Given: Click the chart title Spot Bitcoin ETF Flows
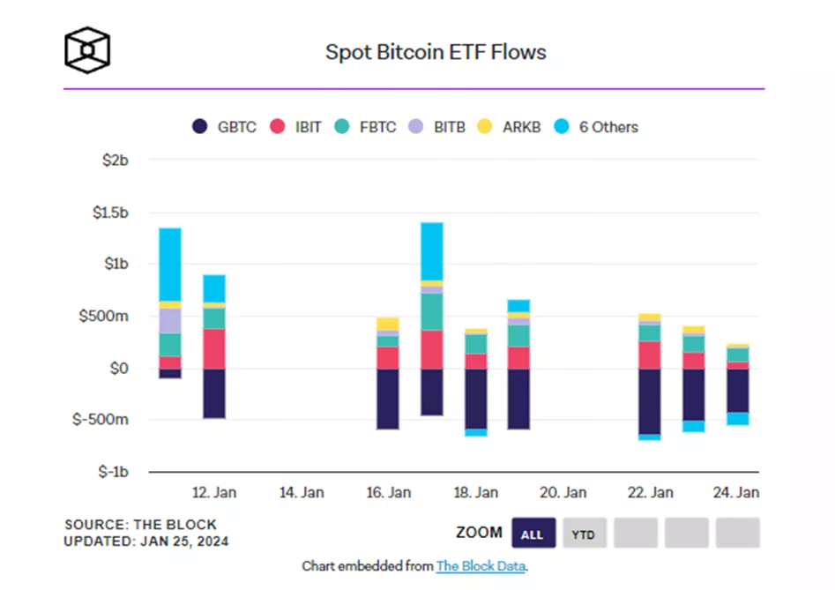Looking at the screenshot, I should (436, 52).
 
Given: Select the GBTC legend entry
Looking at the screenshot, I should (225, 127).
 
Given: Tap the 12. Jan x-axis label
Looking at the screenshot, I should (213, 492).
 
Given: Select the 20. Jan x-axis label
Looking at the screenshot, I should (563, 492).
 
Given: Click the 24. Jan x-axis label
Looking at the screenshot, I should (736, 492).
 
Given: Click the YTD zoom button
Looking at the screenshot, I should (583, 534).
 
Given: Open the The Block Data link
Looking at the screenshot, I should (481, 566).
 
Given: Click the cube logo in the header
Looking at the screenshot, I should (88, 50).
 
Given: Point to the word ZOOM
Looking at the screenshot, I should (479, 533).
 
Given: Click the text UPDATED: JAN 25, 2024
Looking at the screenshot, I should (146, 541).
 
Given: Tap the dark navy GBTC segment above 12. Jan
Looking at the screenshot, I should (214, 393).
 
